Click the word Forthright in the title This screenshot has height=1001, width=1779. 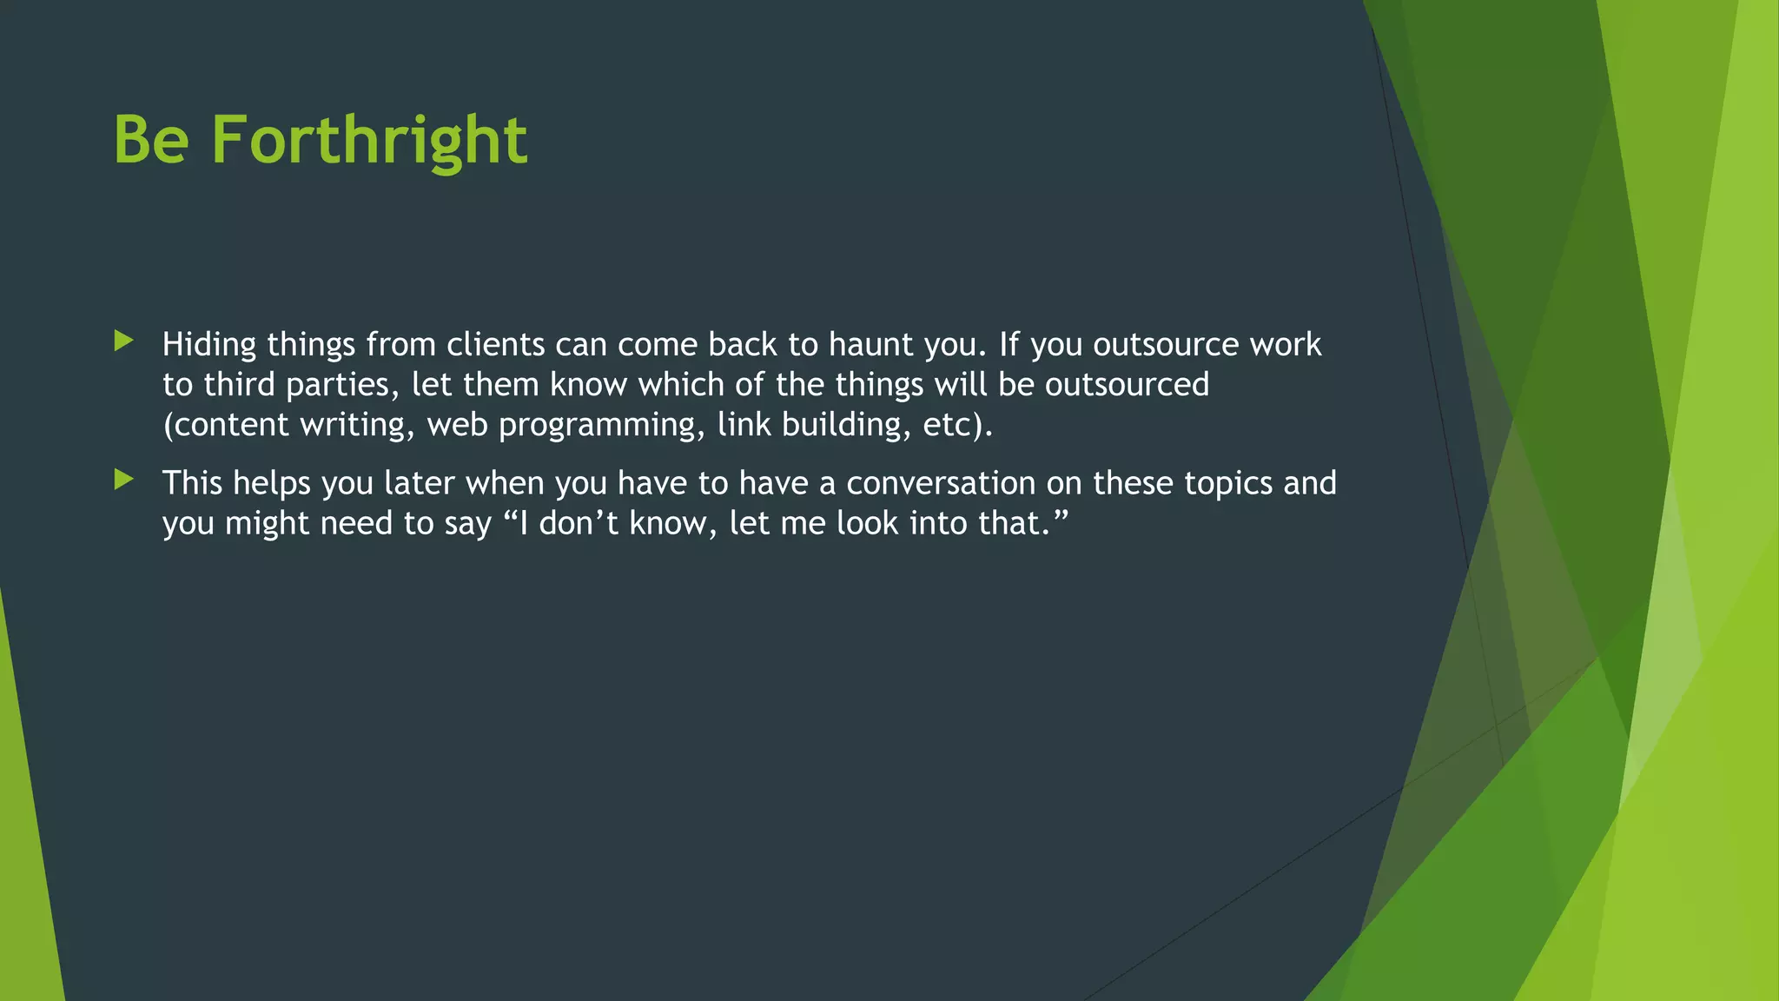click(369, 140)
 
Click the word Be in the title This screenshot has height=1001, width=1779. click(151, 140)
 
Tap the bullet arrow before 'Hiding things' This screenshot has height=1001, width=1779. click(123, 341)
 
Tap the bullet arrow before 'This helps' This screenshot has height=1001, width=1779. click(123, 480)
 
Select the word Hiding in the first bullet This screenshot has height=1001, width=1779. click(209, 345)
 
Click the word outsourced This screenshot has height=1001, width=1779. click(1127, 385)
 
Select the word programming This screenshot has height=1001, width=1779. click(601, 425)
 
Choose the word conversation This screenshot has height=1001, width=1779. click(941, 483)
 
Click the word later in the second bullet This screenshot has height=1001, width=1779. click(420, 483)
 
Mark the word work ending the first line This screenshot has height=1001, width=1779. click(1286, 345)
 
